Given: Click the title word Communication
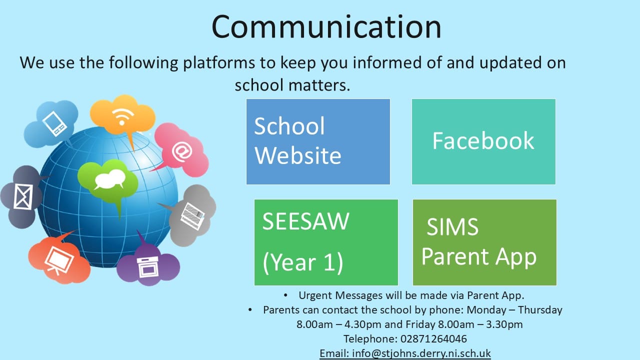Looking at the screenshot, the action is point(326,26).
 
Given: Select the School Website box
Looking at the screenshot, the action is point(318,141).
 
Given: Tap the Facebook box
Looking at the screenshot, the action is point(483,141).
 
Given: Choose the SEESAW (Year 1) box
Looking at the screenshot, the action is point(326,242).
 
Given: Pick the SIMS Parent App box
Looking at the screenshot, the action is point(484,242).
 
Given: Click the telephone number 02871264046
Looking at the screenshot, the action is point(433,339).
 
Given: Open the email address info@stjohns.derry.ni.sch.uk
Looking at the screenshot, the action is point(421,353).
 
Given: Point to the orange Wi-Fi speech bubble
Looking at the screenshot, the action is point(123,115).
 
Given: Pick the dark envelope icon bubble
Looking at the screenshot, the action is point(21,196).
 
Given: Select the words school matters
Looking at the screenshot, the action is point(292,85).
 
